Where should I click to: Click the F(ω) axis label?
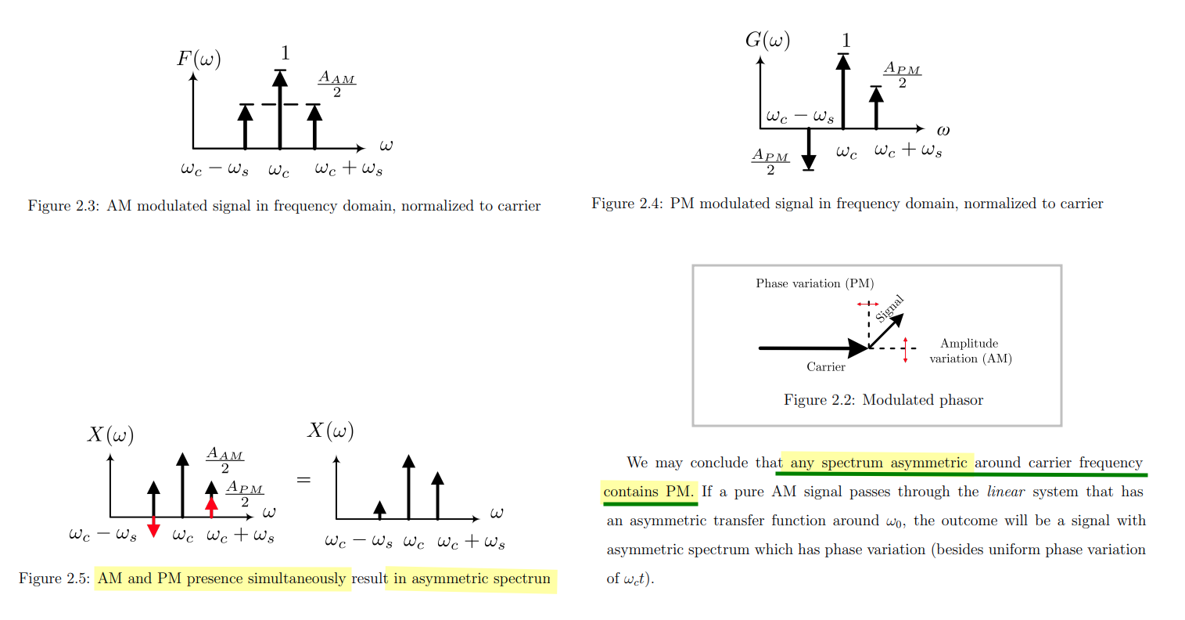[199, 59]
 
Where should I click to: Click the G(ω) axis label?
[767, 40]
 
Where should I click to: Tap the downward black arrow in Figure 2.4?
[809, 150]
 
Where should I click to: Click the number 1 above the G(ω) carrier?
[846, 41]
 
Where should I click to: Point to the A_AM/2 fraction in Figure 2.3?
[336, 85]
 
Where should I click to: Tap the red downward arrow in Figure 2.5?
[153, 527]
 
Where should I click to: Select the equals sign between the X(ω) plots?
[303, 479]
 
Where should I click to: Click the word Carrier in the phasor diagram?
[826, 366]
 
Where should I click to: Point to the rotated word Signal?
[889, 308]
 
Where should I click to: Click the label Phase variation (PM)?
[814, 283]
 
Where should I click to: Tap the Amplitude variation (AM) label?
[970, 351]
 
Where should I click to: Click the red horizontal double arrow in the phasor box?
[867, 304]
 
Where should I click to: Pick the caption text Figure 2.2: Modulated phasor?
[883, 400]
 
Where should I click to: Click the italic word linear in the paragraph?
[1005, 492]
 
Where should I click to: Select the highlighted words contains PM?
[648, 492]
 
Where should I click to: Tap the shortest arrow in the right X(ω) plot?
[380, 510]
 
